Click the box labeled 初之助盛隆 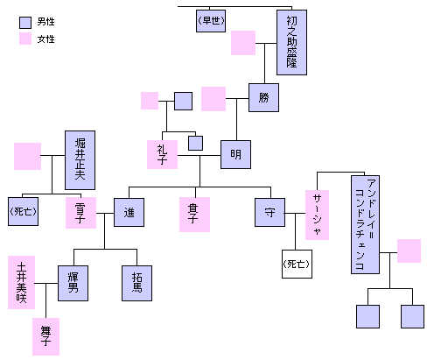[291, 42]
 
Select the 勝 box [263, 97]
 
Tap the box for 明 [235, 154]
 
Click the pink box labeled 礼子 [162, 154]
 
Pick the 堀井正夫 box [80, 160]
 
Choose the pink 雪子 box [80, 213]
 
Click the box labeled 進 [129, 212]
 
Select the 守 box [269, 212]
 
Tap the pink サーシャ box [317, 215]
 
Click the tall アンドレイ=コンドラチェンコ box [365, 224]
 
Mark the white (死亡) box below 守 [297, 264]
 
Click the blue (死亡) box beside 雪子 [23, 211]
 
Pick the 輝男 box [73, 283]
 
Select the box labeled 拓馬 [136, 283]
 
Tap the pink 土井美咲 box [21, 282]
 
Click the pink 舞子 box [45, 336]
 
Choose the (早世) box [211, 21]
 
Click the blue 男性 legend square [25, 23]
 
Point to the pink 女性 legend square [25, 39]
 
